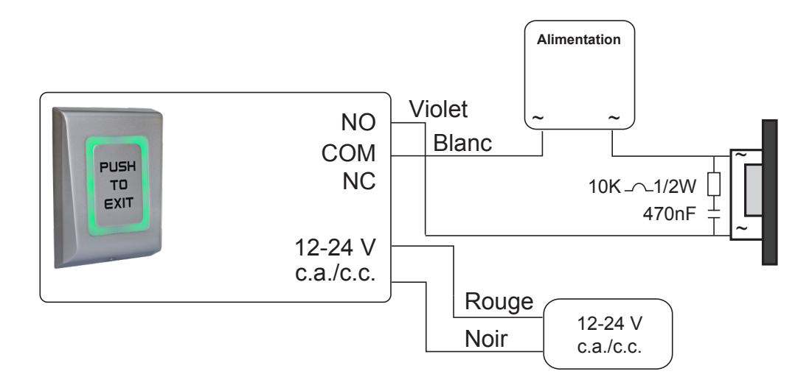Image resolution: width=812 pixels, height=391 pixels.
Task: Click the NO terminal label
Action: click(x=358, y=122)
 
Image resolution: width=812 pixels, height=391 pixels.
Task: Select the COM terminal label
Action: click(x=349, y=153)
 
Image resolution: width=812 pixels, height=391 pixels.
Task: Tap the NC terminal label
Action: click(x=359, y=182)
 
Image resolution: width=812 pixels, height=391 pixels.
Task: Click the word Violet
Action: click(x=438, y=109)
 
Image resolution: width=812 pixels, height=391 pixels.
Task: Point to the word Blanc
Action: click(x=462, y=144)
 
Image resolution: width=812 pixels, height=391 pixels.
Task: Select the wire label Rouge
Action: click(x=499, y=301)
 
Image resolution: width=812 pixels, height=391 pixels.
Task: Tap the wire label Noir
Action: click(x=486, y=339)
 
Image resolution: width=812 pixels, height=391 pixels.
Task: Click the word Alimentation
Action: click(x=578, y=40)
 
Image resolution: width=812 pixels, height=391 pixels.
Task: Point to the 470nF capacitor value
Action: click(x=672, y=213)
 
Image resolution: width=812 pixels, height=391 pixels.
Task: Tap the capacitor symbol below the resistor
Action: click(x=714, y=214)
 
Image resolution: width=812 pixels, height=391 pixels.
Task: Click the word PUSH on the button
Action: click(x=117, y=167)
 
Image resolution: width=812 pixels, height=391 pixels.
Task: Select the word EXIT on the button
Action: click(x=118, y=202)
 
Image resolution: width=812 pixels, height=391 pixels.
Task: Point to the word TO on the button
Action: click(x=118, y=185)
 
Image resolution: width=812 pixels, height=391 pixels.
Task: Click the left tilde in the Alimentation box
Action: click(x=538, y=118)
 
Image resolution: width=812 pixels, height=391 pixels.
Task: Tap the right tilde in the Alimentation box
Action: click(x=613, y=118)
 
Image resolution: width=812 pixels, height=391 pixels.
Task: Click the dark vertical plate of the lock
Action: click(x=769, y=192)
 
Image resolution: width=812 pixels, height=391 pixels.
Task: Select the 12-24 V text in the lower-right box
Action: click(x=609, y=324)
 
